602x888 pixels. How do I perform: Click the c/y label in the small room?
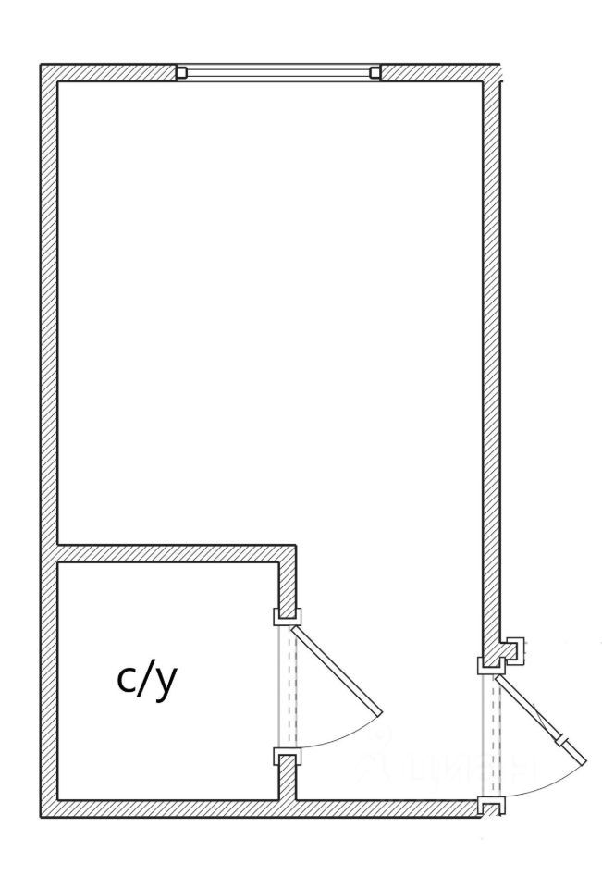tap(146, 681)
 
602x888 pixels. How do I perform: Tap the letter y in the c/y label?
tap(165, 684)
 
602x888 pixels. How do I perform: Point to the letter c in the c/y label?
tap(127, 681)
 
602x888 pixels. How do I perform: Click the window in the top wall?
tap(278, 73)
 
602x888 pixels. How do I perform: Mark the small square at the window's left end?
tap(181, 73)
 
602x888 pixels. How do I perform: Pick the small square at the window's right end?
tap(375, 73)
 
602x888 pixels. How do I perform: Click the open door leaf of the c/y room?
tap(335, 670)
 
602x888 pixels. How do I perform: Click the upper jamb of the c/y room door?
tap(283, 617)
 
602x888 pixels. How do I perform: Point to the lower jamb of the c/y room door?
tap(283, 757)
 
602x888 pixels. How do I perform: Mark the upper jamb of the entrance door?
tap(486, 665)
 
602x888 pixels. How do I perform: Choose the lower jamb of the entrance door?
tap(490, 806)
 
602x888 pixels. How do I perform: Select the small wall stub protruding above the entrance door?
tap(513, 647)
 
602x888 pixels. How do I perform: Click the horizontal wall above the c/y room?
tap(176, 553)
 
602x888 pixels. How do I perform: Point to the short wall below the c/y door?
tap(289, 782)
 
